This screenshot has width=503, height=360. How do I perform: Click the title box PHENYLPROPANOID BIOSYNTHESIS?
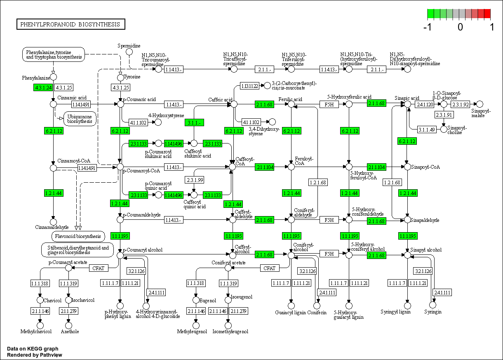click(71, 24)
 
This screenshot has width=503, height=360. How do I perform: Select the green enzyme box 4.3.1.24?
click(43, 87)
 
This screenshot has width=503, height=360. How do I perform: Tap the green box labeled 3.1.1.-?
click(194, 122)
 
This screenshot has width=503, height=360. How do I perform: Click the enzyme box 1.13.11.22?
click(250, 86)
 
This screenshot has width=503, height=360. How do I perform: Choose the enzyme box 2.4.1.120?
click(425, 104)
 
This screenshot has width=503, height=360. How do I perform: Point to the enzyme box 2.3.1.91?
click(444, 115)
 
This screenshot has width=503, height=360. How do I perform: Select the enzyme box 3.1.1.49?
click(427, 129)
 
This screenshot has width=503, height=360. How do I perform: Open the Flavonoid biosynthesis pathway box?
click(78, 236)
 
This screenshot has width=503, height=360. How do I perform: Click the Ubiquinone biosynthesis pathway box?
click(80, 119)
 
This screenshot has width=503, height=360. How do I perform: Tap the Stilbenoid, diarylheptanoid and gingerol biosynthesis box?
click(78, 250)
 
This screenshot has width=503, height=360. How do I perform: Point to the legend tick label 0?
click(460, 28)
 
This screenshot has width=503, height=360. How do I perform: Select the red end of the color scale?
click(487, 14)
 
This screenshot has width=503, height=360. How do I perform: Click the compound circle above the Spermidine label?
click(129, 52)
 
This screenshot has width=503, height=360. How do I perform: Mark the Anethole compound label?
click(70, 332)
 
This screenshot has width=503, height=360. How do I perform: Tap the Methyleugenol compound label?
click(192, 332)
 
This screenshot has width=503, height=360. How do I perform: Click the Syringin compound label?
click(433, 312)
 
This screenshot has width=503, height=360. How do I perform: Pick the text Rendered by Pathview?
click(35, 355)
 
